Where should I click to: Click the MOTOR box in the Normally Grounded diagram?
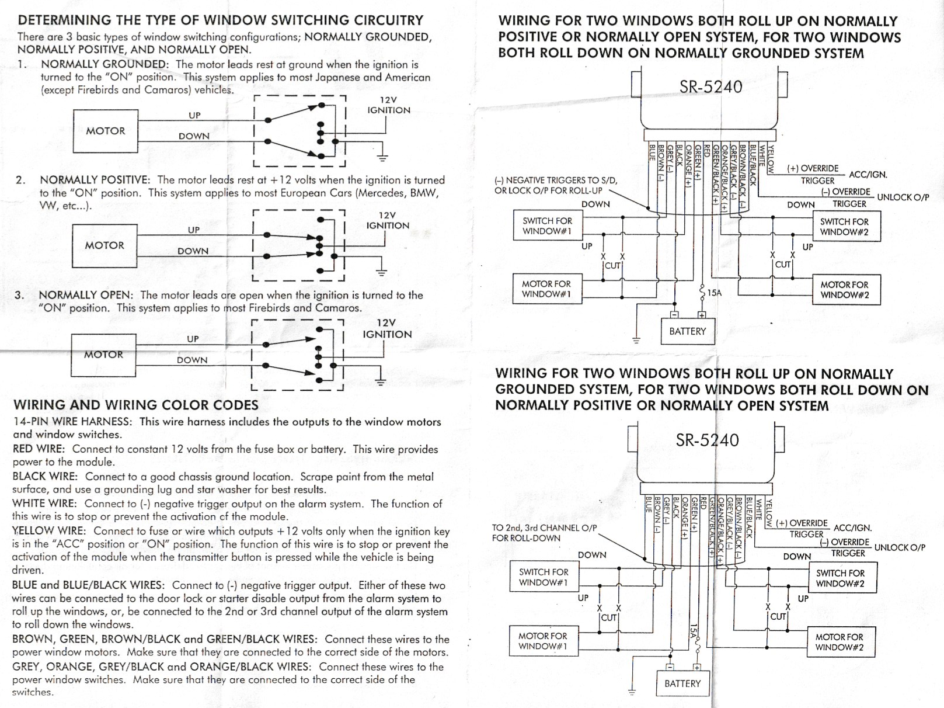tap(106, 131)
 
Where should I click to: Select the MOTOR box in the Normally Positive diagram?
tap(104, 245)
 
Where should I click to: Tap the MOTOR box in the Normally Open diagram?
tap(103, 355)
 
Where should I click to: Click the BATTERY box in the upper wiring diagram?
tap(687, 331)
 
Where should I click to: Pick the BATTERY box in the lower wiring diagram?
tap(682, 683)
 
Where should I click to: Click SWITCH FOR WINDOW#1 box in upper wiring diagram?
tap(547, 226)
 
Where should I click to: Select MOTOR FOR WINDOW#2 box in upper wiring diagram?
tap(844, 290)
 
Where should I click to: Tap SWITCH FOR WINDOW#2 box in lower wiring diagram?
tap(840, 578)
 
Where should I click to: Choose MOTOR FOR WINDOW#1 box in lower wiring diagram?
tap(542, 641)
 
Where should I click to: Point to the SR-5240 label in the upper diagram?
tap(710, 87)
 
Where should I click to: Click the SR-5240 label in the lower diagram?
tap(707, 440)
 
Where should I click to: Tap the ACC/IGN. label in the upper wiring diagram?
tap(868, 175)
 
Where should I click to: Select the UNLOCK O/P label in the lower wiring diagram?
tap(899, 547)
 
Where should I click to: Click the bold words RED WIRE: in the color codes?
tap(39, 449)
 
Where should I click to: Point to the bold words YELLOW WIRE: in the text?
tap(49, 531)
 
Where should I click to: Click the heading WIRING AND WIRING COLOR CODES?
tap(135, 405)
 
